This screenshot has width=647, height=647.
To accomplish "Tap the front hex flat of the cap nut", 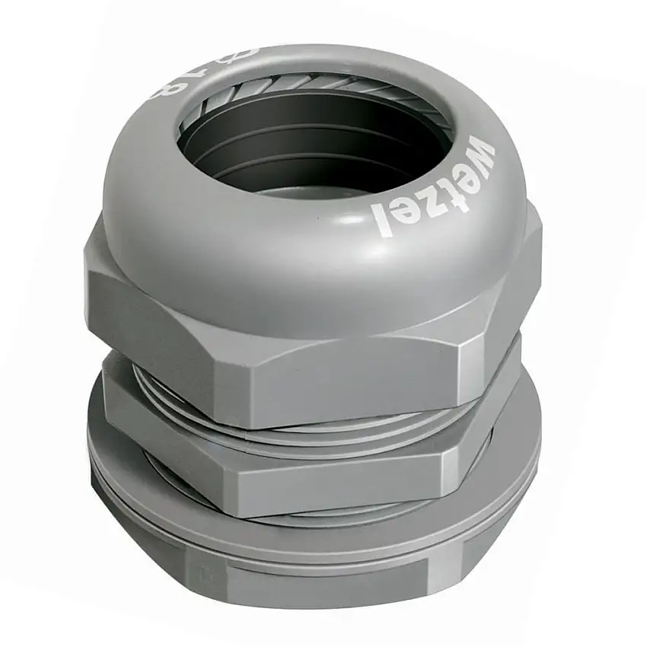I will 320,373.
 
